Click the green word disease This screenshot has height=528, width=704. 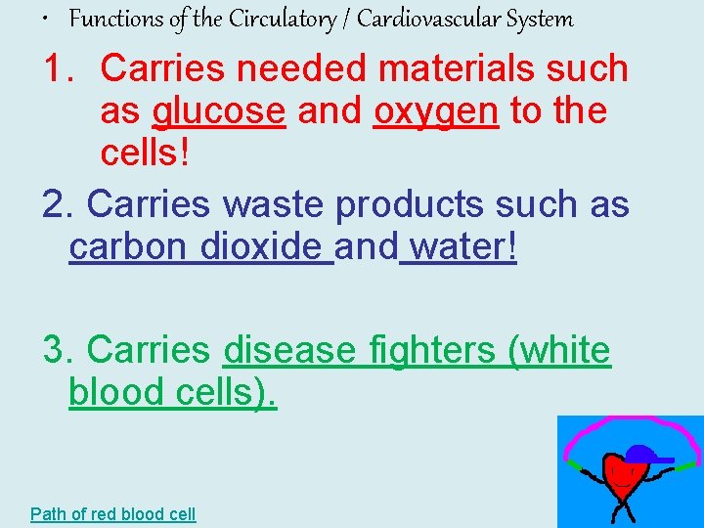click(289, 350)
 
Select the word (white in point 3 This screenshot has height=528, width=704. click(560, 350)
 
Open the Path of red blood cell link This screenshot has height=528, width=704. click(113, 513)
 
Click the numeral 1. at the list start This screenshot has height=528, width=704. click(62, 68)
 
